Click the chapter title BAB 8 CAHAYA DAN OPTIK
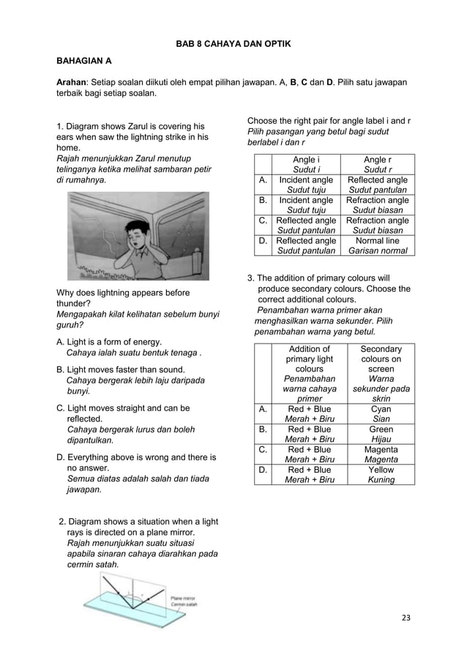click(x=233, y=45)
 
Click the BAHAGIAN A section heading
click(x=90, y=63)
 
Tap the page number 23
click(x=407, y=618)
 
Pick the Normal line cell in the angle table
click(x=378, y=245)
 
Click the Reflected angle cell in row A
click(x=378, y=185)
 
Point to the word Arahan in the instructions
click(x=72, y=81)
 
